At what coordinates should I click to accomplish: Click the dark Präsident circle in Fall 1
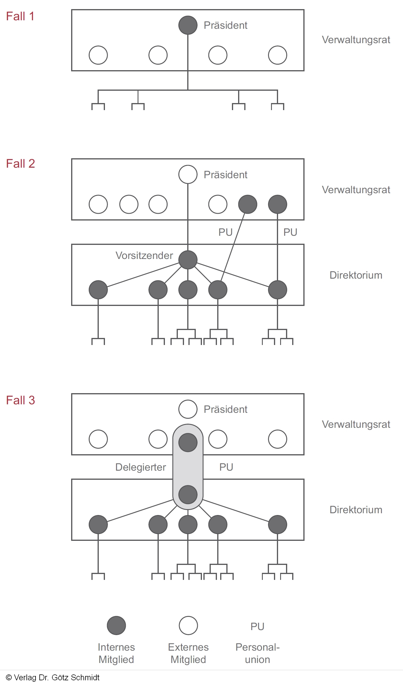[188, 25]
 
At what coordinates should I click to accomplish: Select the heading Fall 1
[20, 16]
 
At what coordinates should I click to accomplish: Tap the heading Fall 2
[20, 164]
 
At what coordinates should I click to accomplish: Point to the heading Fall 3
[20, 400]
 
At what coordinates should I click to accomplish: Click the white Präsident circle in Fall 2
[188, 174]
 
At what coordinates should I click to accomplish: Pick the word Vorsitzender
[144, 255]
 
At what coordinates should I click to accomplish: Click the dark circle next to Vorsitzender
[188, 260]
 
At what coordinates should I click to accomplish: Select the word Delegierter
[141, 467]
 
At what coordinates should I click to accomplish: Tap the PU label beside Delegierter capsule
[226, 467]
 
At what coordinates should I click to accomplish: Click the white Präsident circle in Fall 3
[188, 409]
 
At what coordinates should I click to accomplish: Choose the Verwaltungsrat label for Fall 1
[356, 40]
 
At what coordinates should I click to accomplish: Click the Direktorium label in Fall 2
[356, 275]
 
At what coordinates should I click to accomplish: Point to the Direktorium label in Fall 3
[356, 510]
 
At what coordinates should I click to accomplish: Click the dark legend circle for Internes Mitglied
[116, 625]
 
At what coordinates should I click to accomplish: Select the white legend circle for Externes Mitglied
[188, 625]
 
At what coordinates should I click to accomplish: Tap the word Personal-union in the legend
[257, 653]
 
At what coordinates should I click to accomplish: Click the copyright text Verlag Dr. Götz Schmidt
[53, 677]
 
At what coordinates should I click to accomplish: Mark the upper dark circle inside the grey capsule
[188, 442]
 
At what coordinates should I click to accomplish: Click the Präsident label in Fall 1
[225, 26]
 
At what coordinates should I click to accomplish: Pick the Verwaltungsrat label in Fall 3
[356, 424]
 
